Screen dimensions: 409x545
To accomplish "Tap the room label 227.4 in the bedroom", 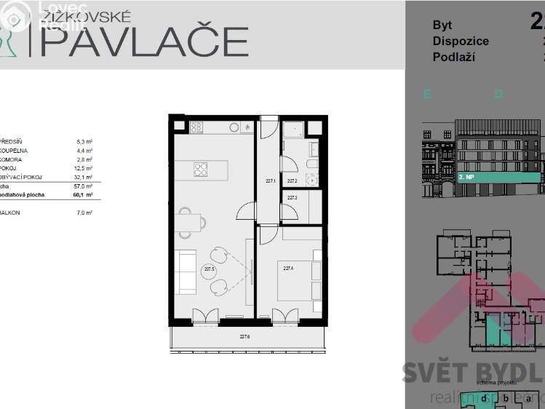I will click(x=288, y=269).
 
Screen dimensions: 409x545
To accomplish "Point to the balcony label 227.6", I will click(x=245, y=337).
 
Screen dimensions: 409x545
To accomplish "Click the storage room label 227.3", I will click(x=292, y=197).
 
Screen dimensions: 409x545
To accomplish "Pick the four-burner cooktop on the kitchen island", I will click(x=202, y=169).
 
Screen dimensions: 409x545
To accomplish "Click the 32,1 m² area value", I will click(x=84, y=177).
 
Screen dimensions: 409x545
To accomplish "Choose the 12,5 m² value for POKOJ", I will click(x=84, y=168).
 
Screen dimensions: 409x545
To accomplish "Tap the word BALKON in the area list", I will click(x=10, y=213).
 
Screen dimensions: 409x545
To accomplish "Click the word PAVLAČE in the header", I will click(x=143, y=41).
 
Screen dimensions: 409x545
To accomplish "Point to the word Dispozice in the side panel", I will click(x=461, y=41).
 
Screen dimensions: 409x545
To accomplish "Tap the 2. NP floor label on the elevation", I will click(x=467, y=177).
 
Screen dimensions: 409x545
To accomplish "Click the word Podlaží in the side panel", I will click(x=453, y=57).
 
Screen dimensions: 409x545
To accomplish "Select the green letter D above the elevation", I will click(x=498, y=94).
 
